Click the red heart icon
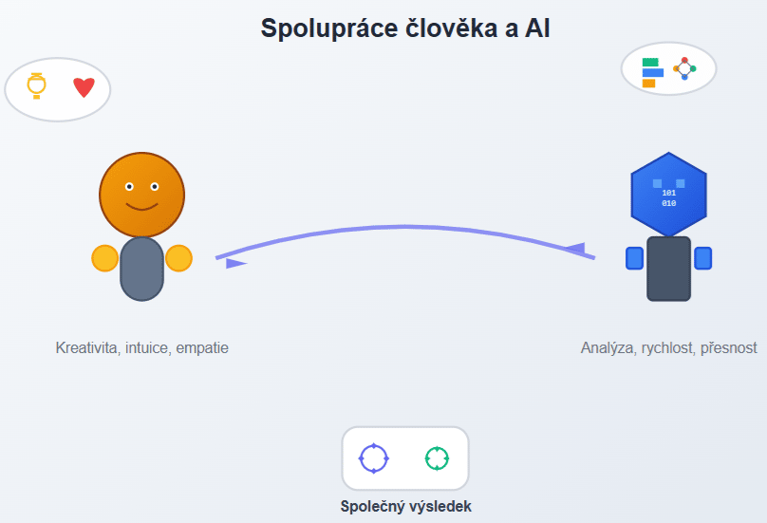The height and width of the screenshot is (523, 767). [x=84, y=87]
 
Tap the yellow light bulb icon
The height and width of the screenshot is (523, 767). [x=36, y=85]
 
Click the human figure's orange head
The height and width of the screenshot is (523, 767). [x=141, y=195]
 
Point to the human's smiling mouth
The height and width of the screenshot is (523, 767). [x=141, y=206]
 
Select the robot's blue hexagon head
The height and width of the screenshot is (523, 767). [x=668, y=195]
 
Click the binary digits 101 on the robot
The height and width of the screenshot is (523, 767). [x=668, y=193]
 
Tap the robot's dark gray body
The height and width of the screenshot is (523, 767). [x=668, y=269]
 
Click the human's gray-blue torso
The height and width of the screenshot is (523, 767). [x=141, y=269]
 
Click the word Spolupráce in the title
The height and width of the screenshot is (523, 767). [x=329, y=28]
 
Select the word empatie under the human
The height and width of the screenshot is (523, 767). [x=202, y=347]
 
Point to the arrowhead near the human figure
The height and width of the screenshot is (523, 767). [x=235, y=263]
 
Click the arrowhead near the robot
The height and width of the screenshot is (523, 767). [x=575, y=248]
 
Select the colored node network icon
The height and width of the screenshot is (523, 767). [x=684, y=68]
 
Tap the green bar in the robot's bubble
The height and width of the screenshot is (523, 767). [x=650, y=62]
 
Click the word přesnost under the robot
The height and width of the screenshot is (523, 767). [x=728, y=347]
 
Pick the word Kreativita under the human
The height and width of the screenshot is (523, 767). [x=87, y=347]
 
